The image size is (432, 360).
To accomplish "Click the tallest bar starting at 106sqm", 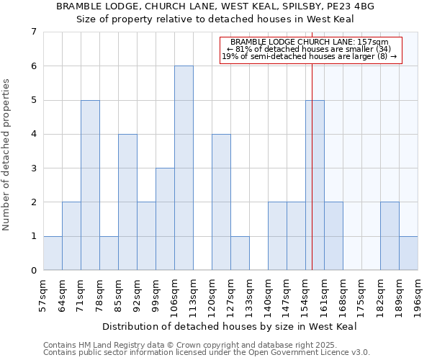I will [x=184, y=168].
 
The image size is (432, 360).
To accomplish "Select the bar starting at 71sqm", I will [x=90, y=185].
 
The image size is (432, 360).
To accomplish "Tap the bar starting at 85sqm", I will [x=127, y=202].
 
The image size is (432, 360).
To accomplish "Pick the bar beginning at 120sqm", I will [x=221, y=202].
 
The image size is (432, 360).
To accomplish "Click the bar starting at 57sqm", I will [x=53, y=253].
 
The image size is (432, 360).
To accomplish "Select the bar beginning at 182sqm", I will [x=390, y=236].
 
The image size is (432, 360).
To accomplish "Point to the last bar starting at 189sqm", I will [x=408, y=253].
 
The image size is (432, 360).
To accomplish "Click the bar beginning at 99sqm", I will [x=165, y=219].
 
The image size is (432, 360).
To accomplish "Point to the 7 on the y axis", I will [x=33, y=32].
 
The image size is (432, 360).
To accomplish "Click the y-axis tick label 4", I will [x=33, y=135].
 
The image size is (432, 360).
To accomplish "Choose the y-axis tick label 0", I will [x=33, y=271].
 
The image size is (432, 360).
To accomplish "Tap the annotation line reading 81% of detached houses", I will [x=310, y=49].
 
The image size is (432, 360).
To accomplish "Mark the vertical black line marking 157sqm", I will [x=312, y=166].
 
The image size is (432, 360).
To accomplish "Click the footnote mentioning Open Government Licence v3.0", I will [x=207, y=353].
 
